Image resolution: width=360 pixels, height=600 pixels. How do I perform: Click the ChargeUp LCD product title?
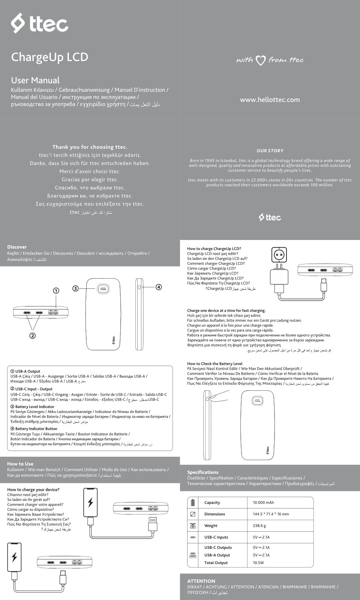tap(49, 57)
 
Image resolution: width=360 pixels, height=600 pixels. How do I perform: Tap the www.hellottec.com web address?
tap(270, 100)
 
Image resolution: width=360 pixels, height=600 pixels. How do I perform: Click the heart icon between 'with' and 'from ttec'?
tap(261, 60)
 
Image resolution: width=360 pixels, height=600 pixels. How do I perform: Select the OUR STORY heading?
tap(270, 151)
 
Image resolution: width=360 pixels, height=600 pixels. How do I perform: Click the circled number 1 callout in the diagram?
tap(56, 291)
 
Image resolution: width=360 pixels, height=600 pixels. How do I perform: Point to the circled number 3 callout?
tap(75, 288)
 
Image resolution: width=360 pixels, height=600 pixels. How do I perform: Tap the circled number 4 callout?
tap(159, 287)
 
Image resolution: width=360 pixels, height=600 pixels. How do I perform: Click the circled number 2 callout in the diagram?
tap(33, 336)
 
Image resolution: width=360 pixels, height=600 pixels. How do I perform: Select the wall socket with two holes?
tap(279, 255)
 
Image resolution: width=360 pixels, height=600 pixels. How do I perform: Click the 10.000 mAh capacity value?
tap(263, 502)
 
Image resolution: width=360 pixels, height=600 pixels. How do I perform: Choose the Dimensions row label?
tap(214, 514)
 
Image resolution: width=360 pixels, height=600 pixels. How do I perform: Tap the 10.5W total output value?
tap(258, 563)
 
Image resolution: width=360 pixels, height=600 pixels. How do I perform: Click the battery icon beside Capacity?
tap(193, 502)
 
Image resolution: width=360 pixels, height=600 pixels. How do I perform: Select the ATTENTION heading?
tap(201, 581)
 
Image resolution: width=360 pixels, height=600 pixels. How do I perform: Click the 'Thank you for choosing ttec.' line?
tap(90, 147)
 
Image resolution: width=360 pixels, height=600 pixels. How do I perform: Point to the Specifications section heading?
tap(202, 472)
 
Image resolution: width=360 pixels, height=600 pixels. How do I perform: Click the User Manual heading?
tap(35, 80)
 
